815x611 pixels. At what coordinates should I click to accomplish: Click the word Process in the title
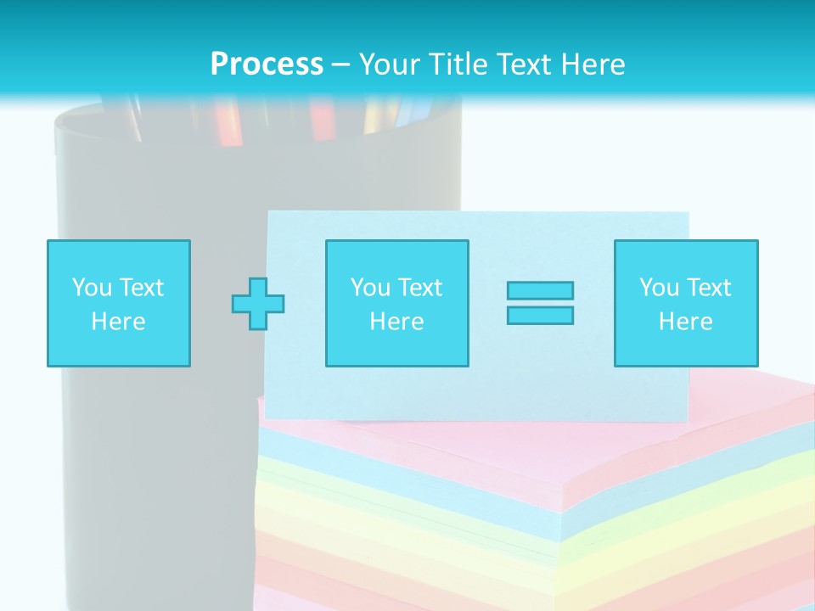click(x=267, y=64)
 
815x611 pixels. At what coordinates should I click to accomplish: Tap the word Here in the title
click(x=592, y=64)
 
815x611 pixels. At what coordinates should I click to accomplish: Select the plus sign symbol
click(x=258, y=303)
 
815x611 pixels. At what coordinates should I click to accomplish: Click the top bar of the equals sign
click(x=540, y=290)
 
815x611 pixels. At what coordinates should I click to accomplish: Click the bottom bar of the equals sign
click(x=540, y=315)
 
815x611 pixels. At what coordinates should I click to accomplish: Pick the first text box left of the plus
click(x=119, y=303)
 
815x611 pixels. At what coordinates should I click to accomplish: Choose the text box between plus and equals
click(x=396, y=303)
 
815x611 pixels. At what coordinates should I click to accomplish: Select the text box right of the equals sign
click(x=686, y=303)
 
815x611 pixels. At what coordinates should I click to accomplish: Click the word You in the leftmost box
click(x=92, y=288)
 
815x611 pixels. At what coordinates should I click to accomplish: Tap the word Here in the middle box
click(x=396, y=322)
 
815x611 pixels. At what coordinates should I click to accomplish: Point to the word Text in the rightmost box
click(x=709, y=288)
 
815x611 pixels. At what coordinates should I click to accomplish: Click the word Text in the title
click(x=525, y=64)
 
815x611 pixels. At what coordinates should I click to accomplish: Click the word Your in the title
click(x=391, y=64)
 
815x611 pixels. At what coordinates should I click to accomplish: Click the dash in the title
click(x=340, y=64)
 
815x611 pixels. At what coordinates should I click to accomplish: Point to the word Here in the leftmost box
click(x=119, y=322)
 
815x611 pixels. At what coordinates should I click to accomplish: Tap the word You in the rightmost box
click(x=659, y=288)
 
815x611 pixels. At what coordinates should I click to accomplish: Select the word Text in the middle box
click(x=420, y=288)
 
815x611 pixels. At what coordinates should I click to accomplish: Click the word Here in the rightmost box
click(x=686, y=322)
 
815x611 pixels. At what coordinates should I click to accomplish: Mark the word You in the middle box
click(x=370, y=288)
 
